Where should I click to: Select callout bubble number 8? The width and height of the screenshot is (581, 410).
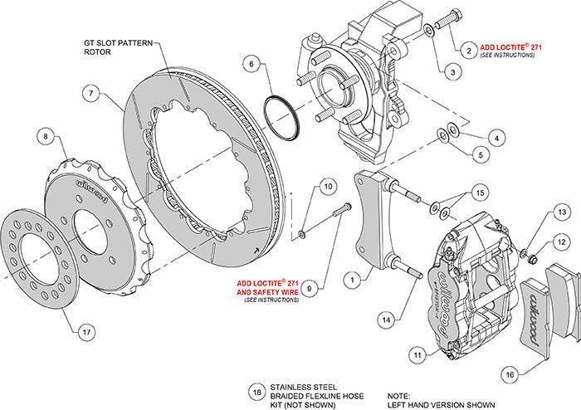(46, 136)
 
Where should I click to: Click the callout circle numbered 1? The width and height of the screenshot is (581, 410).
(356, 281)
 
